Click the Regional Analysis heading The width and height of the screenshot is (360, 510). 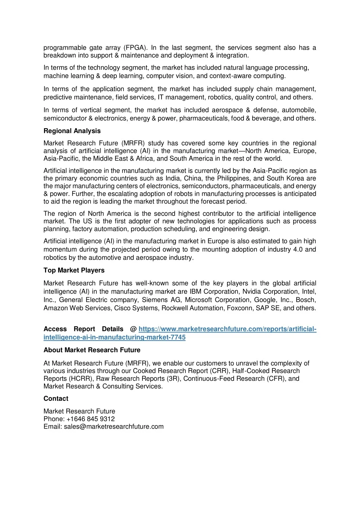(72, 131)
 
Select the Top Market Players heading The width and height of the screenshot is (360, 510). (74, 270)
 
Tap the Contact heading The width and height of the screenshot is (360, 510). (56, 399)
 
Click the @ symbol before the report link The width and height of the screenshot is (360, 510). (133, 329)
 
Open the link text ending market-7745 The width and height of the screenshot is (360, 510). (114, 337)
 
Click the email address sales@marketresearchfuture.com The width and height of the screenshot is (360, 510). (114, 427)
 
